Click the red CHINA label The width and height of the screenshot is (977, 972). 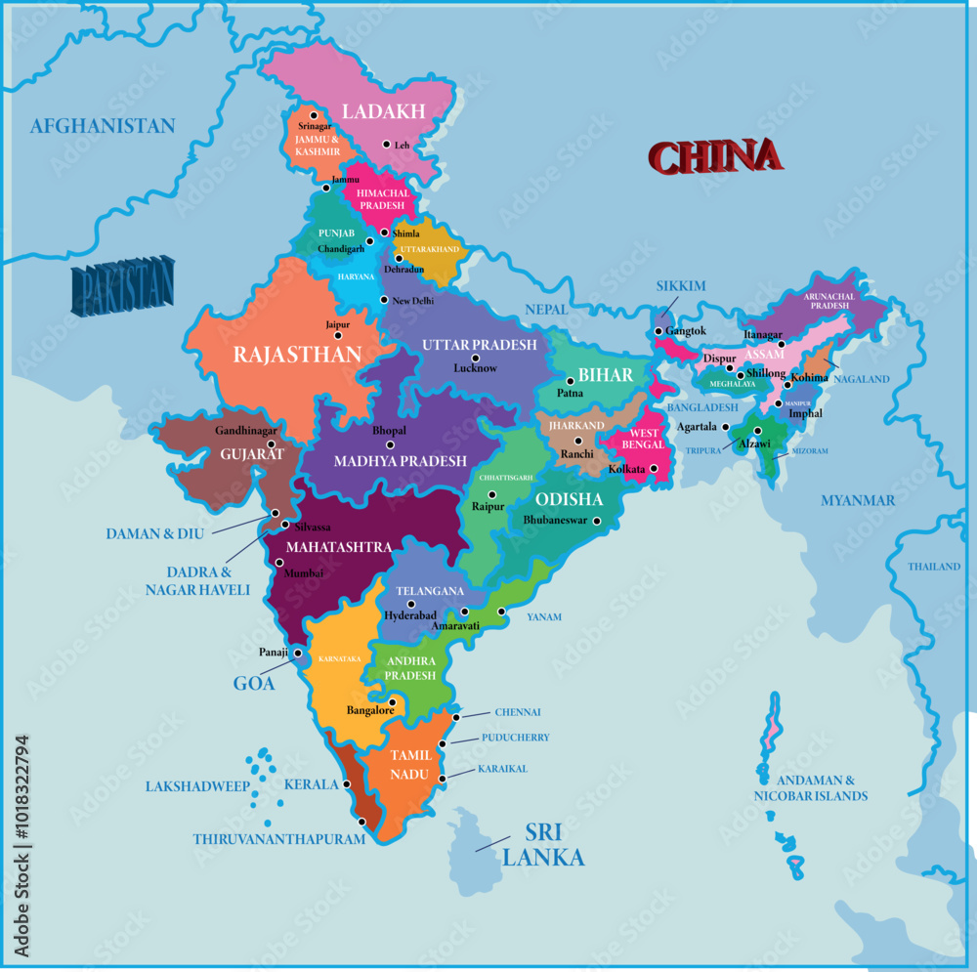tap(715, 157)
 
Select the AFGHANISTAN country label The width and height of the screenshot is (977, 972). tap(103, 126)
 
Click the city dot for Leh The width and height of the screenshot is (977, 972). tap(386, 144)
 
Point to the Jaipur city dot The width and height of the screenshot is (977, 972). tap(339, 335)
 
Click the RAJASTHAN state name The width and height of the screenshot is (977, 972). tap(296, 355)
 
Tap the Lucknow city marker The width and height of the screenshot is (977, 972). tap(476, 358)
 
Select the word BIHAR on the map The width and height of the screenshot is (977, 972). tap(605, 375)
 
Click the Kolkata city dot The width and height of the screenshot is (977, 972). tap(654, 470)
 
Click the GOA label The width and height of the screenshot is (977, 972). tap(253, 683)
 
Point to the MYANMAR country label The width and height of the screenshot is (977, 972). tap(857, 500)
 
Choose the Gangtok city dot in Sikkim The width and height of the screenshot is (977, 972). tap(658, 331)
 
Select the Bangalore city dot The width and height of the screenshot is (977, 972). tap(392, 701)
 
